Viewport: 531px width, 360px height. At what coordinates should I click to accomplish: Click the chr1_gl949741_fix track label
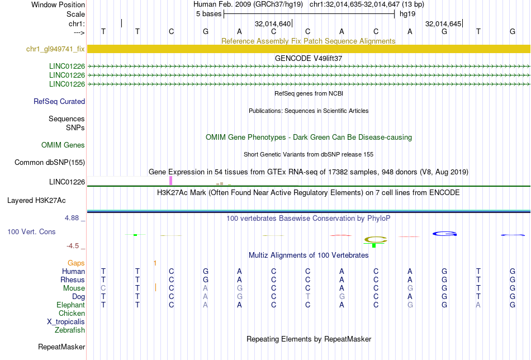tap(55, 49)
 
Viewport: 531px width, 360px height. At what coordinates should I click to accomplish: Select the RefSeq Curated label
tap(59, 102)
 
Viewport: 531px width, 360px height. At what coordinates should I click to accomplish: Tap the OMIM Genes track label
tap(63, 145)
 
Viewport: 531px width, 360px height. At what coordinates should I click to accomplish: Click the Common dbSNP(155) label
tap(50, 163)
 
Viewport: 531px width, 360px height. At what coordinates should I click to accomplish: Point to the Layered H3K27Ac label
tap(36, 200)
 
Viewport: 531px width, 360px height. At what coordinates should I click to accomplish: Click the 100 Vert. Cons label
tap(31, 231)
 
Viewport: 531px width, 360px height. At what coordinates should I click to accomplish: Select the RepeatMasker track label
tap(61, 347)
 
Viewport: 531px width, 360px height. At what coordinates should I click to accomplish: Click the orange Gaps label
tap(76, 263)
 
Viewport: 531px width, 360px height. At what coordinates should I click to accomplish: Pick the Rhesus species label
tap(73, 280)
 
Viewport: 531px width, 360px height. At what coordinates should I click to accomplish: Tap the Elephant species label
tap(70, 305)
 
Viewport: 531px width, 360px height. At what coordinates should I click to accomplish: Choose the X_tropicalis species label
tap(66, 322)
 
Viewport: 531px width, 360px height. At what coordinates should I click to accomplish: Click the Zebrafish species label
tap(69, 330)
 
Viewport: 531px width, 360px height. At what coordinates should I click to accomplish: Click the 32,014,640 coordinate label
tap(273, 24)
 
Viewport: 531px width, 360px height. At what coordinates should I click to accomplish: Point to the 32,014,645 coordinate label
tap(443, 24)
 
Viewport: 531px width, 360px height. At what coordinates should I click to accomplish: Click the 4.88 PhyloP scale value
tap(73, 218)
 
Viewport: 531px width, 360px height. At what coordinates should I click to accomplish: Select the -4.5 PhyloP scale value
tap(73, 245)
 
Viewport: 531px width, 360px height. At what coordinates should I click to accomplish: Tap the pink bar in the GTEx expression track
tap(171, 181)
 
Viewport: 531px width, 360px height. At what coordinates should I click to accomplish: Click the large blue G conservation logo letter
tap(444, 233)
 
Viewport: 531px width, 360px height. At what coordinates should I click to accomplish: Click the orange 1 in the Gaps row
tap(155, 263)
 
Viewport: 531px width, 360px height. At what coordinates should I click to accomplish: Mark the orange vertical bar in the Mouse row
tap(155, 288)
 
